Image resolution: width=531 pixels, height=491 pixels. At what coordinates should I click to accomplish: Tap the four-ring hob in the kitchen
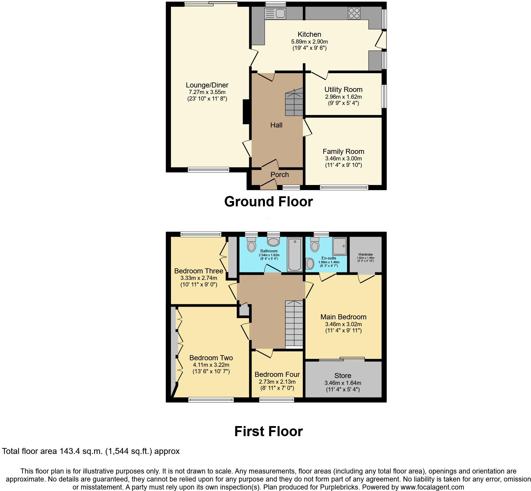(x=354, y=13)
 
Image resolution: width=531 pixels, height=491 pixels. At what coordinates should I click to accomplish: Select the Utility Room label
(x=343, y=90)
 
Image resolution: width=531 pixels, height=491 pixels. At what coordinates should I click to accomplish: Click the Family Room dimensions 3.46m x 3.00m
(x=343, y=159)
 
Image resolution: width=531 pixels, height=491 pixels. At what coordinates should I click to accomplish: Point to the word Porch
(x=279, y=175)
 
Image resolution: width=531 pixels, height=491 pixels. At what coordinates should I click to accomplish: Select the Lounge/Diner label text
(x=207, y=85)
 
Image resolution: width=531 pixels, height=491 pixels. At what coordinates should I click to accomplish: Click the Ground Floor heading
(x=268, y=202)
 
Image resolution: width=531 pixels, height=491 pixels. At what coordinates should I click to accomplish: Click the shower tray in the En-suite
(x=339, y=246)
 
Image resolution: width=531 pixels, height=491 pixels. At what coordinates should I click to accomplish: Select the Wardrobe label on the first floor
(x=365, y=254)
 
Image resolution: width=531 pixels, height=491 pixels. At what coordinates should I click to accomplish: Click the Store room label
(x=343, y=376)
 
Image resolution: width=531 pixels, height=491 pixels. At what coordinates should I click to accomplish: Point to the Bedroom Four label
(x=277, y=374)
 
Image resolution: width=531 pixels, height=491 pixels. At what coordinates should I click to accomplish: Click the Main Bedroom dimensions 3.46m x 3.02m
(x=343, y=324)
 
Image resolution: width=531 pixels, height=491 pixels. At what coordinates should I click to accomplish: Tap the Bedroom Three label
(x=199, y=271)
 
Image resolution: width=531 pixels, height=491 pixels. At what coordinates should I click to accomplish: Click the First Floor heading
(x=268, y=431)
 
